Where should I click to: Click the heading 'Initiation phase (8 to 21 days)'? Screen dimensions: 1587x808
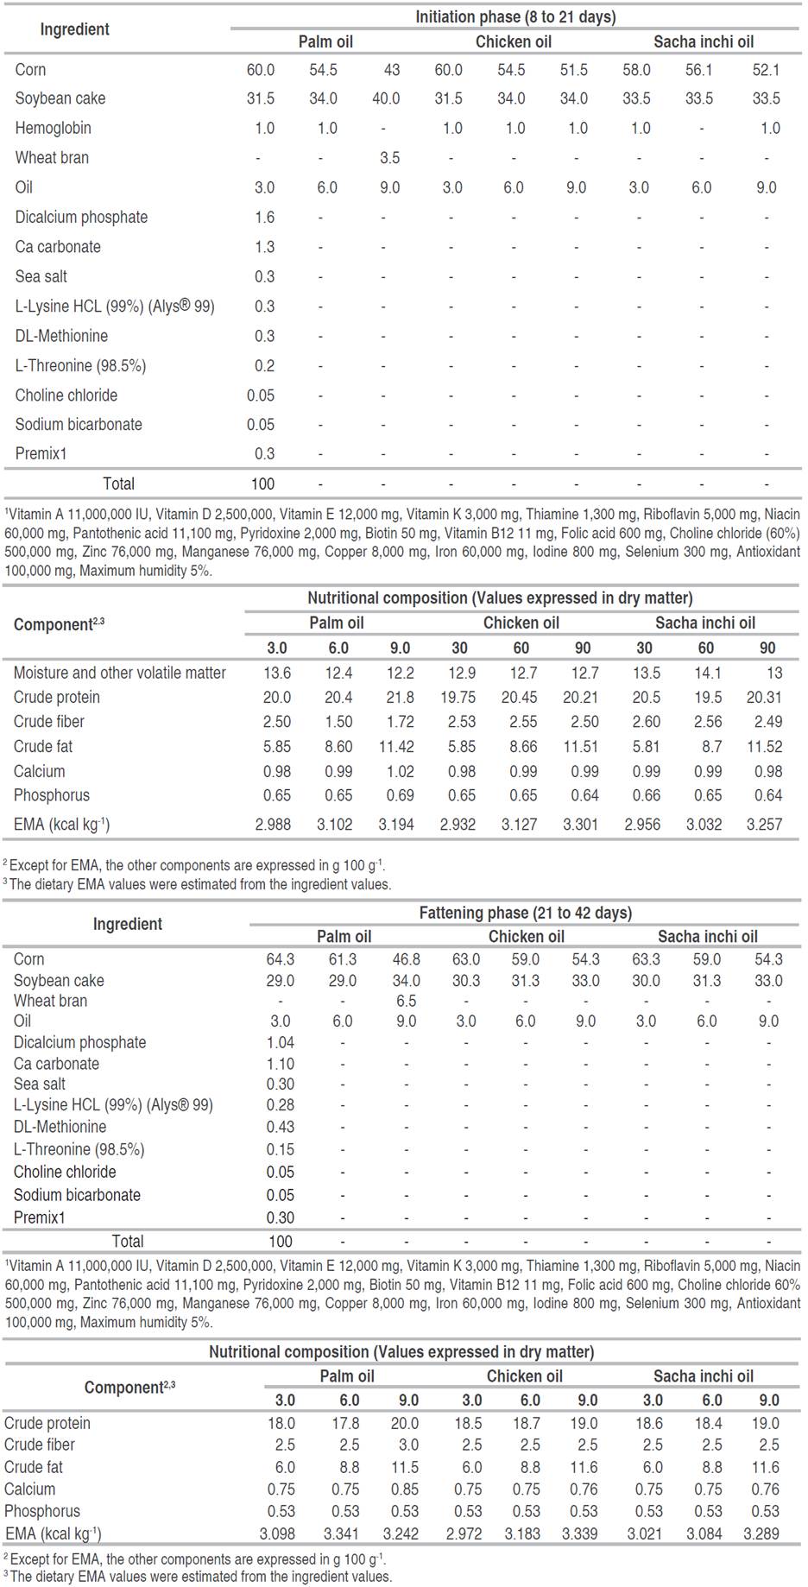(x=515, y=17)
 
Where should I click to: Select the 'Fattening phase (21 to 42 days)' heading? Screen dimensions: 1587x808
(x=525, y=913)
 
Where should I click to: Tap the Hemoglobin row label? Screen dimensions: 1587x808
(x=53, y=128)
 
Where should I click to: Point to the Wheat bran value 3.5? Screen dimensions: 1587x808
(x=389, y=158)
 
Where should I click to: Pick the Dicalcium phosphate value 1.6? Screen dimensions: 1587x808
(x=264, y=218)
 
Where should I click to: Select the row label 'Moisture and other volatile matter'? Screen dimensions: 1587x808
(x=119, y=673)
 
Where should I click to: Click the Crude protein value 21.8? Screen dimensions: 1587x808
(x=399, y=697)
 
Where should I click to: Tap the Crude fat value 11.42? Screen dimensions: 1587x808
(x=396, y=746)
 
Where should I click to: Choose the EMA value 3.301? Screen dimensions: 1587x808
(x=580, y=825)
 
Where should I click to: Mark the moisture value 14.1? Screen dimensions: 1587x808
(x=705, y=673)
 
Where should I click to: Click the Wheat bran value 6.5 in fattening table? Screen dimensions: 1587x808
(x=406, y=1001)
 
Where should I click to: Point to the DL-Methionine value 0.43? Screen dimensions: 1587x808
(x=281, y=1127)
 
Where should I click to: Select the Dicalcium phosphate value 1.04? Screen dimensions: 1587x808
(x=281, y=1043)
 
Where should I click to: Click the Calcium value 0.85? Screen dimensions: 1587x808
(x=405, y=1489)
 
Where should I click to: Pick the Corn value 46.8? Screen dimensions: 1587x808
(x=406, y=959)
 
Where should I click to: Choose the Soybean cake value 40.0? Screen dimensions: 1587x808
(x=386, y=98)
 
